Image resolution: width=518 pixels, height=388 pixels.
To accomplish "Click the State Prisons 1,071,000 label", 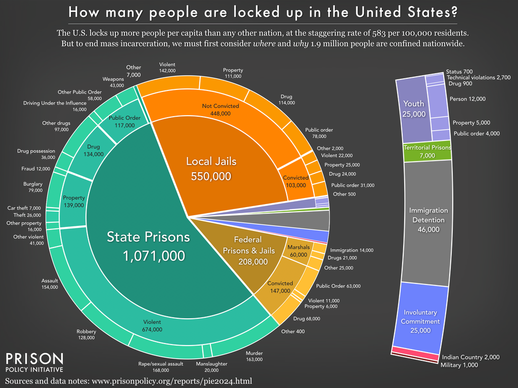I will [x=148, y=247].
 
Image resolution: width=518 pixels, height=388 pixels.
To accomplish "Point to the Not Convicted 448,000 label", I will [x=217, y=111].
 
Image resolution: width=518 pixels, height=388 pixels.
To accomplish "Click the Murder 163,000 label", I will [x=254, y=356].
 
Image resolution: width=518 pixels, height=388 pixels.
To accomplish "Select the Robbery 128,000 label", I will [x=86, y=335].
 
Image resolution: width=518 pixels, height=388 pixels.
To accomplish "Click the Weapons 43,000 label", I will [x=113, y=82].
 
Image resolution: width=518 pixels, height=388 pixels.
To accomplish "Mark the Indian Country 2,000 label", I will [x=470, y=357].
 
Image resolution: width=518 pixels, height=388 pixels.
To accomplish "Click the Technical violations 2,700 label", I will [x=479, y=78].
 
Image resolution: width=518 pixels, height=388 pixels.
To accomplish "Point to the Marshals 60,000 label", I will [x=298, y=251].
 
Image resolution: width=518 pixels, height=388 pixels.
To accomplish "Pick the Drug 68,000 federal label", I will [x=307, y=319].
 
